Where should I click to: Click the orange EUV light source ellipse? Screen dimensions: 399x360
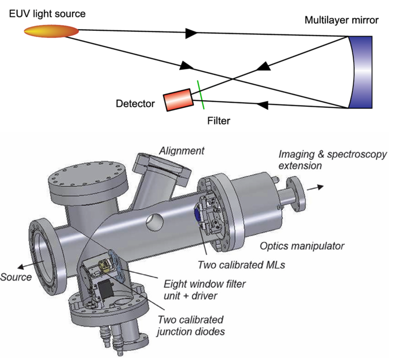tap(51, 31)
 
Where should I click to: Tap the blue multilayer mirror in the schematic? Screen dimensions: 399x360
tap(360, 72)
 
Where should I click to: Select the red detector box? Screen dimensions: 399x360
tap(178, 100)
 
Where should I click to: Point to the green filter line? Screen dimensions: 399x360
tap(201, 95)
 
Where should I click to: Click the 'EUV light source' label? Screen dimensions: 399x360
tap(47, 14)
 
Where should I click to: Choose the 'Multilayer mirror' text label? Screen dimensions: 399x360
tap(341, 20)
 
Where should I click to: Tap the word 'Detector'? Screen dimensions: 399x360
tap(135, 103)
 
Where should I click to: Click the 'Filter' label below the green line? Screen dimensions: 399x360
tap(219, 121)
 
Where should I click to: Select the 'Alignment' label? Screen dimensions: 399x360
tap(182, 151)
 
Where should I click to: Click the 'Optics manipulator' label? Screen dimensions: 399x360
tap(302, 246)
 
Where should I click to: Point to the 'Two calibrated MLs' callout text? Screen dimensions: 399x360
tap(241, 265)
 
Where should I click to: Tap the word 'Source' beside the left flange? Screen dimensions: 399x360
tap(16, 277)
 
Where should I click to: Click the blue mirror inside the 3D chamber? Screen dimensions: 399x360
tap(197, 215)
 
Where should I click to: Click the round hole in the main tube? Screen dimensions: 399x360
tap(155, 222)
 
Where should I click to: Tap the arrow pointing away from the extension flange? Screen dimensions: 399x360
tap(315, 188)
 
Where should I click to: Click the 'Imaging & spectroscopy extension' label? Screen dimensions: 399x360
tap(333, 160)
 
